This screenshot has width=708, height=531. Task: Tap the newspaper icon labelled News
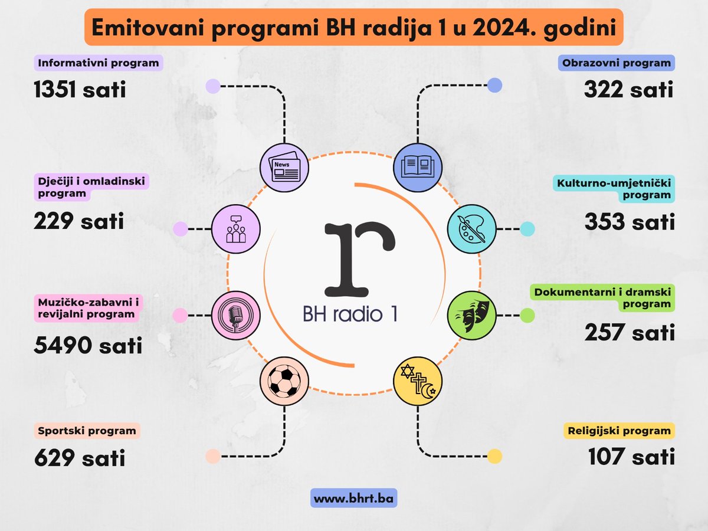point(284,167)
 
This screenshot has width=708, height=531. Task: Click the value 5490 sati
point(88,346)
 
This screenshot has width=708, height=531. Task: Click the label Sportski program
point(87,431)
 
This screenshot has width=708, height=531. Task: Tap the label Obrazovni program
point(617,63)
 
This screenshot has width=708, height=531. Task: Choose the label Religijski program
point(619,431)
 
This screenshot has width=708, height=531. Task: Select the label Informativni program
point(98,63)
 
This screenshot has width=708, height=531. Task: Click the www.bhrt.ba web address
point(354,499)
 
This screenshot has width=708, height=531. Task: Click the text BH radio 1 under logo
point(350,314)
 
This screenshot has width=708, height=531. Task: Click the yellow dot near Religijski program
point(494,456)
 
